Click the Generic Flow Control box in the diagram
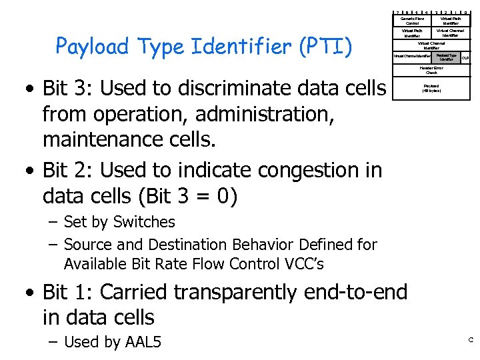pyautogui.click(x=413, y=21)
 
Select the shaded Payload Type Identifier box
pyautogui.click(x=446, y=57)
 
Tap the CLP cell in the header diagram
pyautogui.click(x=465, y=58)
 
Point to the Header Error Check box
pyautogui.click(x=431, y=70)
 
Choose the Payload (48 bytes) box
pyautogui.click(x=431, y=87)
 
